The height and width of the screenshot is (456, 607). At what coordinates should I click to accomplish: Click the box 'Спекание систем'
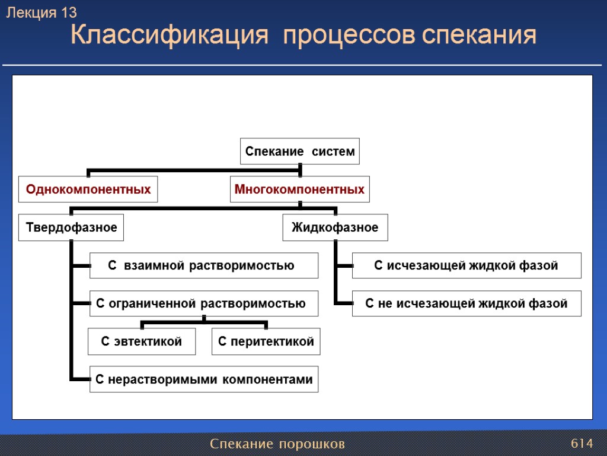299,151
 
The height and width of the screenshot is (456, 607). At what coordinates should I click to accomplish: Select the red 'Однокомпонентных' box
88,189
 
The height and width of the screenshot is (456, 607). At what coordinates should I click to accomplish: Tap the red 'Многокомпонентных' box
299,189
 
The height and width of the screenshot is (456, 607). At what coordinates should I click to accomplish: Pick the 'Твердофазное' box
71,227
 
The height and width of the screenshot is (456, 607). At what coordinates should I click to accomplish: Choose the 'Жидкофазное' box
335,227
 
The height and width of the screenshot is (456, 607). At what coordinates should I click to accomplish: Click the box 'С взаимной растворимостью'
204,265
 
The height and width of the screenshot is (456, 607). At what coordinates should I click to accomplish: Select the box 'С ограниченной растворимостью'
204,303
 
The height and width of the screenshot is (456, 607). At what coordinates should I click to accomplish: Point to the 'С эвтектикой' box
142,341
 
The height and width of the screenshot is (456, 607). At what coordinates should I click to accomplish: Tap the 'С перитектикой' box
266,341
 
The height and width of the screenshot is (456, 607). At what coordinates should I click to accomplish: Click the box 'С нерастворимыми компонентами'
204,379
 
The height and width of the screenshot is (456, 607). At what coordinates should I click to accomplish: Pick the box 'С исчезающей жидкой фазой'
467,265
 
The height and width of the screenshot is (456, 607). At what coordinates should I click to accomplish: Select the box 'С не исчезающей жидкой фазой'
467,303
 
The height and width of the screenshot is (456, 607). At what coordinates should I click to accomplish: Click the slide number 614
582,444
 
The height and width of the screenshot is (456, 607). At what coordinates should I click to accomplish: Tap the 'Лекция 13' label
41,12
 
